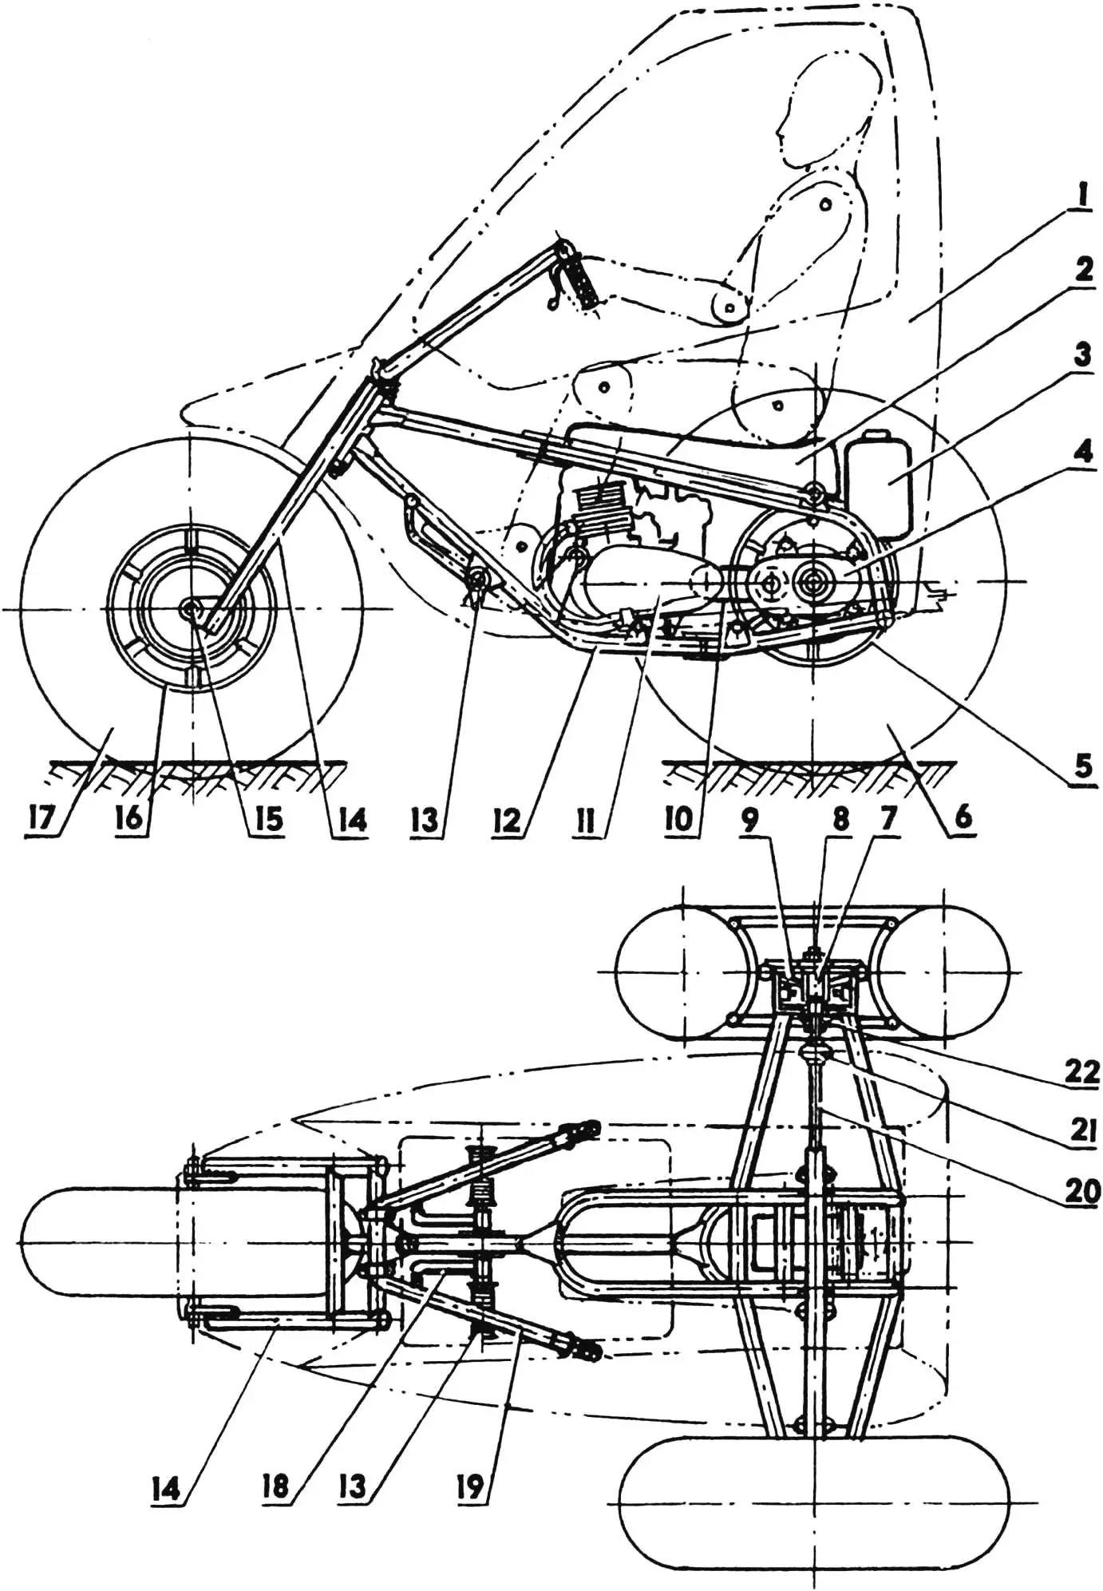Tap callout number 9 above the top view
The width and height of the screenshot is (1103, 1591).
750,820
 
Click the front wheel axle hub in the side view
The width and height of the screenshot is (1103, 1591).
192,608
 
